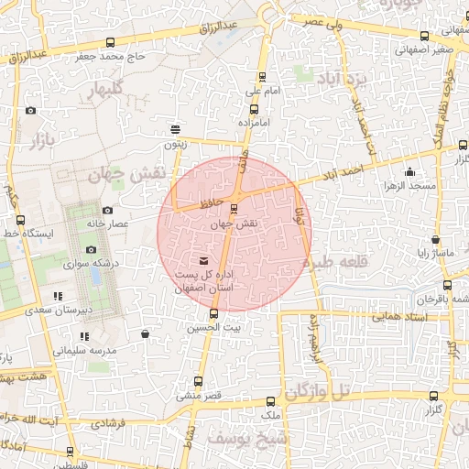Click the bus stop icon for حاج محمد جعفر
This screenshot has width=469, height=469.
tap(111, 42)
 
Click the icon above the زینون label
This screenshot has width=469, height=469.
tap(175, 128)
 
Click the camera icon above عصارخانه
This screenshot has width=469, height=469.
tap(107, 210)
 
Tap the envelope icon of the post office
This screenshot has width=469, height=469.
tap(202, 261)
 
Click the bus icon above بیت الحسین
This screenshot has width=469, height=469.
tap(213, 313)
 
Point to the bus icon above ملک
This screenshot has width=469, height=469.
tap(268, 401)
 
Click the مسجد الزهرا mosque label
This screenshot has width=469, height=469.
tap(409, 187)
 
